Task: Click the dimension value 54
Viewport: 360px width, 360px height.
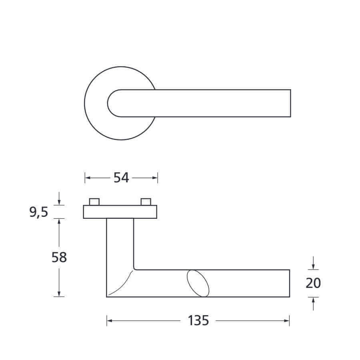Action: [x=121, y=178]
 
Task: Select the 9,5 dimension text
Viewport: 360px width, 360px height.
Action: [x=38, y=212]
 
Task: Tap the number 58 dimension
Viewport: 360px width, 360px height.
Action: [x=59, y=257]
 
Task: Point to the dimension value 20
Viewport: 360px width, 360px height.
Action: [x=313, y=283]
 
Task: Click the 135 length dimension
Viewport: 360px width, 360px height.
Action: [x=198, y=320]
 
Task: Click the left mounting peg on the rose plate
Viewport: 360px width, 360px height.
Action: [x=94, y=202]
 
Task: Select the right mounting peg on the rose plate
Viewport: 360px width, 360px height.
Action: [x=146, y=202]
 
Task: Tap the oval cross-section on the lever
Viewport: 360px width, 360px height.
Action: [x=198, y=283]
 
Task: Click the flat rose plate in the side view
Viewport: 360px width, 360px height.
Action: [x=120, y=212]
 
